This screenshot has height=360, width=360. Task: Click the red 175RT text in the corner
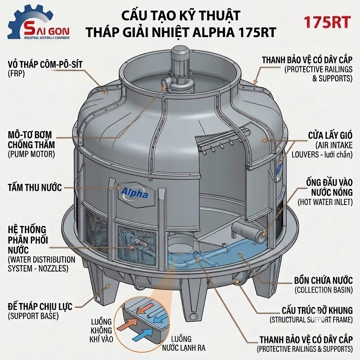327,22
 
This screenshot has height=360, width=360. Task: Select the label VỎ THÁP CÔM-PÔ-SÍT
45,65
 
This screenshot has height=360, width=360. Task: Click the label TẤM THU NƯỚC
35,188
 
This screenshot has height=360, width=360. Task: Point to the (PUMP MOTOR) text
31,154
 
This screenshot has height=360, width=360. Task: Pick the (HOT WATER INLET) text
325,202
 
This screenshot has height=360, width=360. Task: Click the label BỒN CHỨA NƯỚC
323,280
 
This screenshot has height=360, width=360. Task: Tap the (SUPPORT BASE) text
33,316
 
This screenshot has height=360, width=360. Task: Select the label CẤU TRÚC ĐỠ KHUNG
317,310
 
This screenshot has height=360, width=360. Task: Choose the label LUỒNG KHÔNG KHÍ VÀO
101,330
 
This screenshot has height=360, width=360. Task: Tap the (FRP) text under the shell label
16,74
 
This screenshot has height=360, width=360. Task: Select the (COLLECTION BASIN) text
324,290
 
